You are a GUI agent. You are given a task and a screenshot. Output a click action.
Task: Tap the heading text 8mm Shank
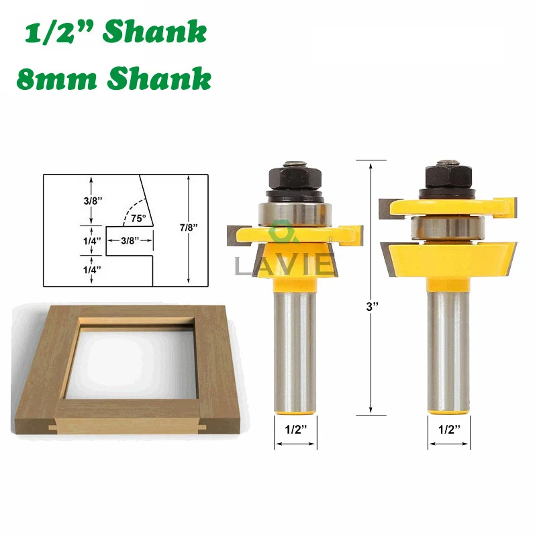(x=112, y=79)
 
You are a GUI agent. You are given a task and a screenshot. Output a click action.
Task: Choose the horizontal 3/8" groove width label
(x=130, y=240)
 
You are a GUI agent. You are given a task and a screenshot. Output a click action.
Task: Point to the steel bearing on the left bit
(x=295, y=212)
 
